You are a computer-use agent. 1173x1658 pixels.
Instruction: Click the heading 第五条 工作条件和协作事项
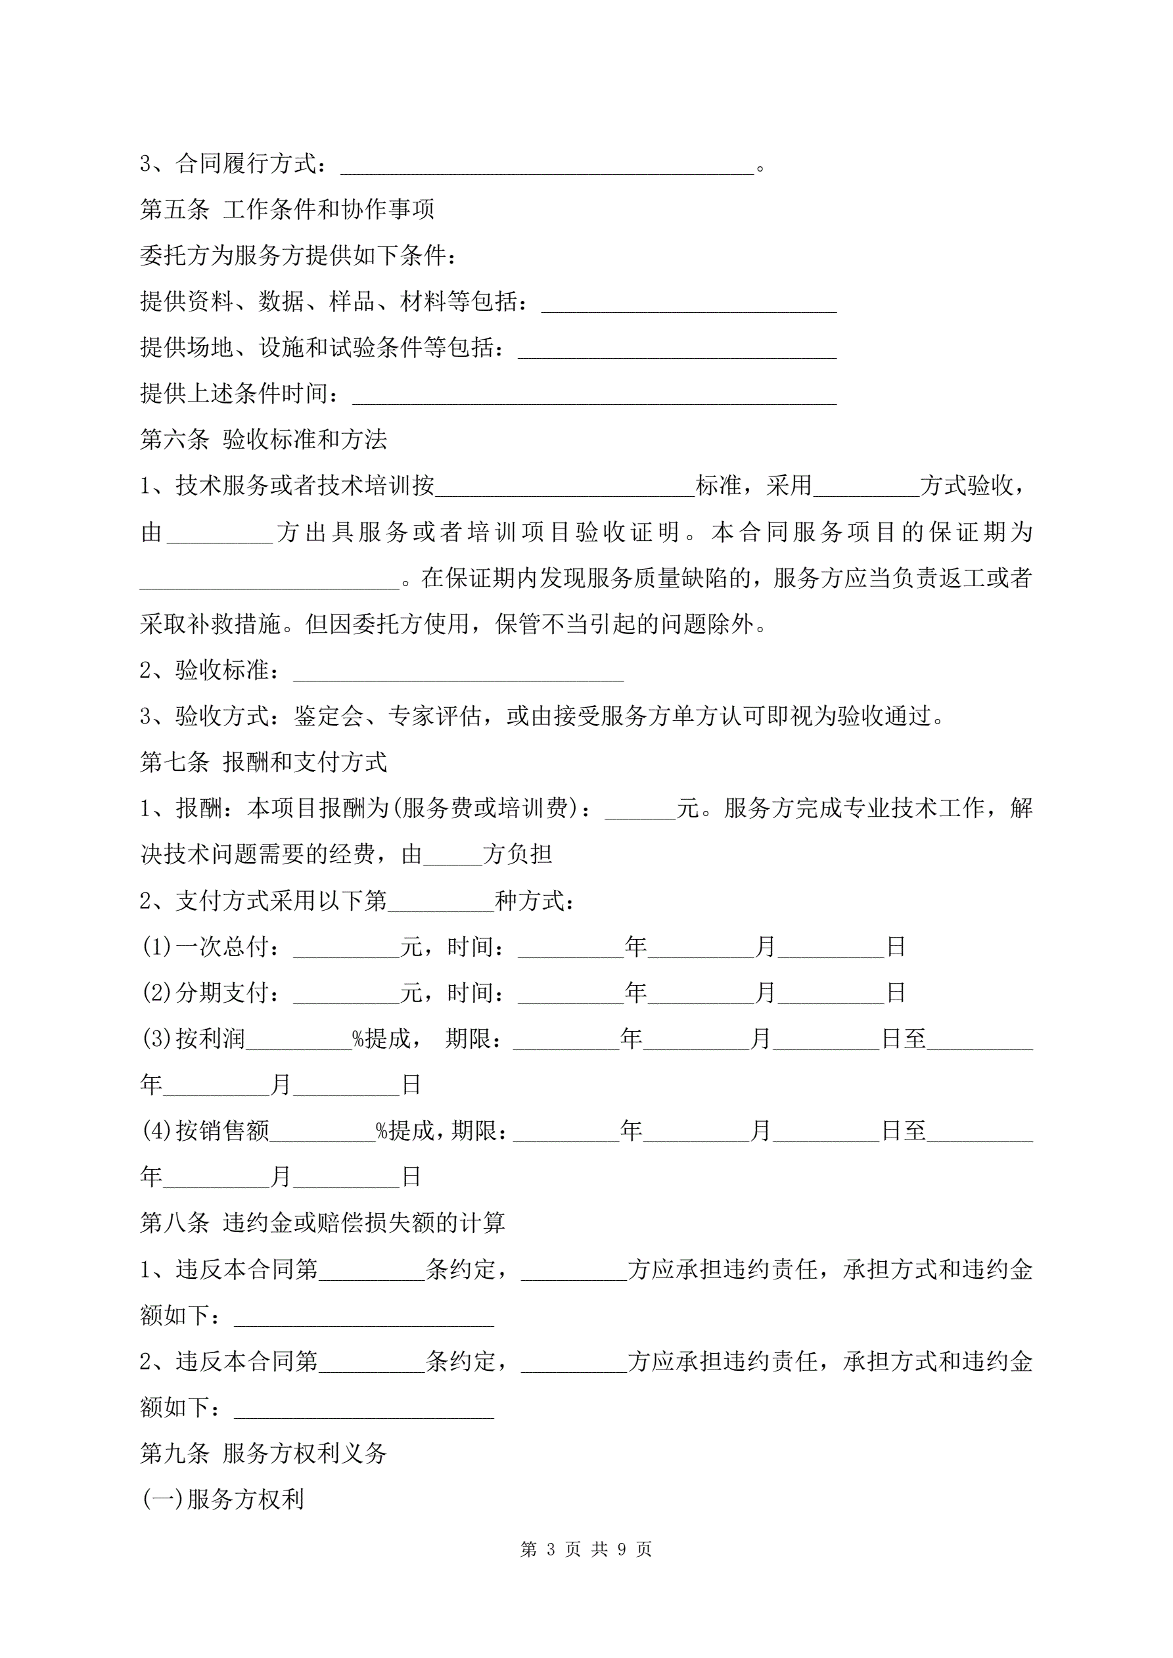(287, 210)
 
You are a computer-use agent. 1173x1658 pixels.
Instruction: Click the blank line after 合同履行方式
(547, 167)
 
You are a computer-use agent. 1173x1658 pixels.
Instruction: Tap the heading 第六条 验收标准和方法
(263, 439)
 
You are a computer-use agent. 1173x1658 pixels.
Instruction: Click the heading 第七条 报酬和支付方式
(263, 761)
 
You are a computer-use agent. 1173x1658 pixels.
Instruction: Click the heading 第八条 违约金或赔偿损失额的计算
(322, 1222)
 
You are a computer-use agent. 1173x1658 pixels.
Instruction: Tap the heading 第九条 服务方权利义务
(263, 1453)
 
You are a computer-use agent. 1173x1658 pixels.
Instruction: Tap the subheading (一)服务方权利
(223, 1499)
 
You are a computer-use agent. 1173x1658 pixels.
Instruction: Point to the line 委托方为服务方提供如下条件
(298, 256)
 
